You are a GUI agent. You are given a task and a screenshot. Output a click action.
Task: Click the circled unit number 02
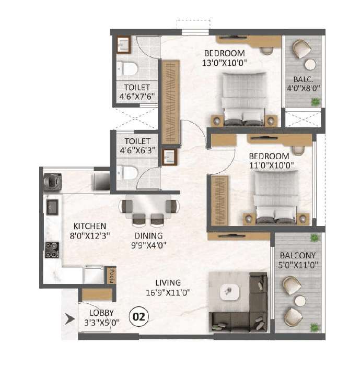coord(140,316)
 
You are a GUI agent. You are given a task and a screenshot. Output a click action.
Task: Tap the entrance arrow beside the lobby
coord(68,317)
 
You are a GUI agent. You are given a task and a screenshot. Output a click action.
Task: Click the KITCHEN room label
coord(89,226)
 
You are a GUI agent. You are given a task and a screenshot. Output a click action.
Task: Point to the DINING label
coord(150,235)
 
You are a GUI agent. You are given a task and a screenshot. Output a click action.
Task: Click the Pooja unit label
coord(110,275)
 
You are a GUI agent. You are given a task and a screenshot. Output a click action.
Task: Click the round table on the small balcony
coord(310,64)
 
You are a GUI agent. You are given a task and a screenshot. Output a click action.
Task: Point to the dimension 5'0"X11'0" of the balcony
coord(296,265)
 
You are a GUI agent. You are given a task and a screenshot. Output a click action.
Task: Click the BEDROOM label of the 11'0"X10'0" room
coord(269,156)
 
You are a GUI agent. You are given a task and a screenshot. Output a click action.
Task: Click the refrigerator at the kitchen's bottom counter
coord(94,275)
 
